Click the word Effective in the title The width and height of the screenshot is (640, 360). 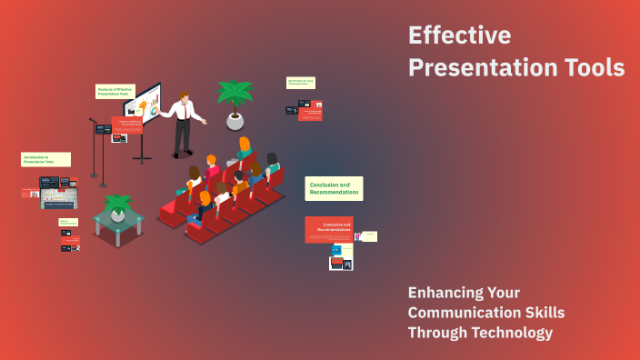click(459, 35)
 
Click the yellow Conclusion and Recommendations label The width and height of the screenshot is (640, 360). click(334, 188)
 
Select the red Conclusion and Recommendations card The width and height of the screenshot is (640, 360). click(328, 229)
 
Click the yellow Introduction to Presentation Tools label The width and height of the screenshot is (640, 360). click(45, 159)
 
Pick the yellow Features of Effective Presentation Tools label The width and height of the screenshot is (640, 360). click(115, 91)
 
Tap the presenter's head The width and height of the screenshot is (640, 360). click(185, 97)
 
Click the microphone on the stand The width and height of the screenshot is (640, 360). click(93, 120)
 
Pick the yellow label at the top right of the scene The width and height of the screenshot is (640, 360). click(300, 83)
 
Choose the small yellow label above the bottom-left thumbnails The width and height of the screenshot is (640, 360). click(68, 222)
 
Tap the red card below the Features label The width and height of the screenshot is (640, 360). click(128, 125)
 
